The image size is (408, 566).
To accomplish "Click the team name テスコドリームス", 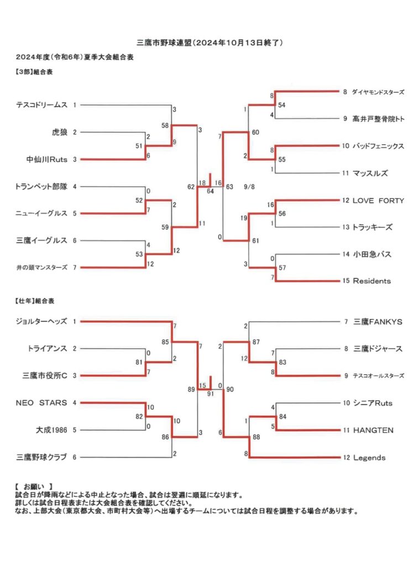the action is point(41,105).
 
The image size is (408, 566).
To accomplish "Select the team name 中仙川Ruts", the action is point(47,159).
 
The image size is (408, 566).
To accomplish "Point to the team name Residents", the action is point(372,281).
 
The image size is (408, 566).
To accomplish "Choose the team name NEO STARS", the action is point(41,402).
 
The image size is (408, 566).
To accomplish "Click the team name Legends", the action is point(369,457).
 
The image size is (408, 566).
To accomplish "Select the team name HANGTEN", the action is point(373,430).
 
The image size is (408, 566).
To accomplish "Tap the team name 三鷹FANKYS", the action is point(377,322).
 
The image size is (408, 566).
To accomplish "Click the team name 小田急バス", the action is point(372,254).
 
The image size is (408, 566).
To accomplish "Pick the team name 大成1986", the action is point(51,430).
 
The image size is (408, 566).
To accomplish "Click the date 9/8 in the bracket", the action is point(249,187).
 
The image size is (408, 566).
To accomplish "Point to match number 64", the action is point(210,191).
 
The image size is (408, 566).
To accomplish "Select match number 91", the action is point(211,394).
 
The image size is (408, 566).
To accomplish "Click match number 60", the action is point(255,133).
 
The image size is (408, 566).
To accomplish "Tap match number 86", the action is point(165,437).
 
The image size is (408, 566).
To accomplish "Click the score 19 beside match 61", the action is point(244,218).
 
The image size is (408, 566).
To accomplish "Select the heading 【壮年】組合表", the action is point(35,301).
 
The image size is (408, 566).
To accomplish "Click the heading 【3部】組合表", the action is point(34,72).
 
